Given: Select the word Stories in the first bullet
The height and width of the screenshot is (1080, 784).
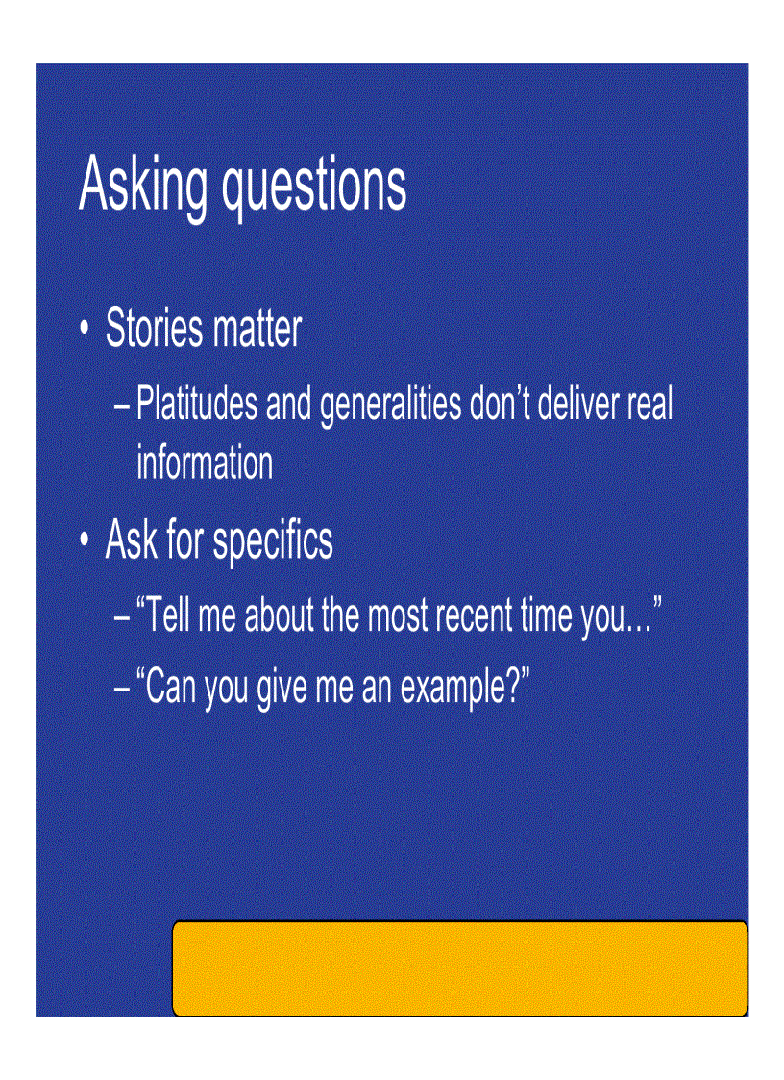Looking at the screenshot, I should tap(154, 329).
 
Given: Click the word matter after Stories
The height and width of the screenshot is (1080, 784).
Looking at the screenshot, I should tap(257, 329).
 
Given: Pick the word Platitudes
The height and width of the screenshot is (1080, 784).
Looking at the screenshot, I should tap(197, 404).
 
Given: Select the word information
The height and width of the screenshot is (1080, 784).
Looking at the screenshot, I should tap(205, 463).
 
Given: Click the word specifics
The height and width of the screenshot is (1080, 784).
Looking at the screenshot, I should tap(273, 541).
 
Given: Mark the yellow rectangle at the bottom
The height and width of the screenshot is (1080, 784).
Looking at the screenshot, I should tap(459, 967).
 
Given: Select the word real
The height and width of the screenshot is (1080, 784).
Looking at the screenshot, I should tap(649, 404).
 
